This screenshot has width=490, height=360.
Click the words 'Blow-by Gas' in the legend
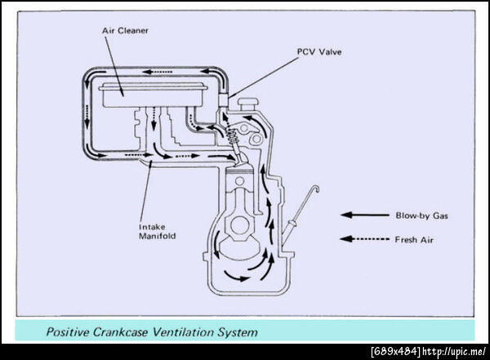[420, 216]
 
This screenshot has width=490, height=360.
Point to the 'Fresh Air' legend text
[414, 239]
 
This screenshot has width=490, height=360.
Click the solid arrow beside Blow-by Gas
[365, 216]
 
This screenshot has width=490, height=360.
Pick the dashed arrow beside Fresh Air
[365, 239]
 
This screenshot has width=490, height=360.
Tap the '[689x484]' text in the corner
[395, 352]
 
